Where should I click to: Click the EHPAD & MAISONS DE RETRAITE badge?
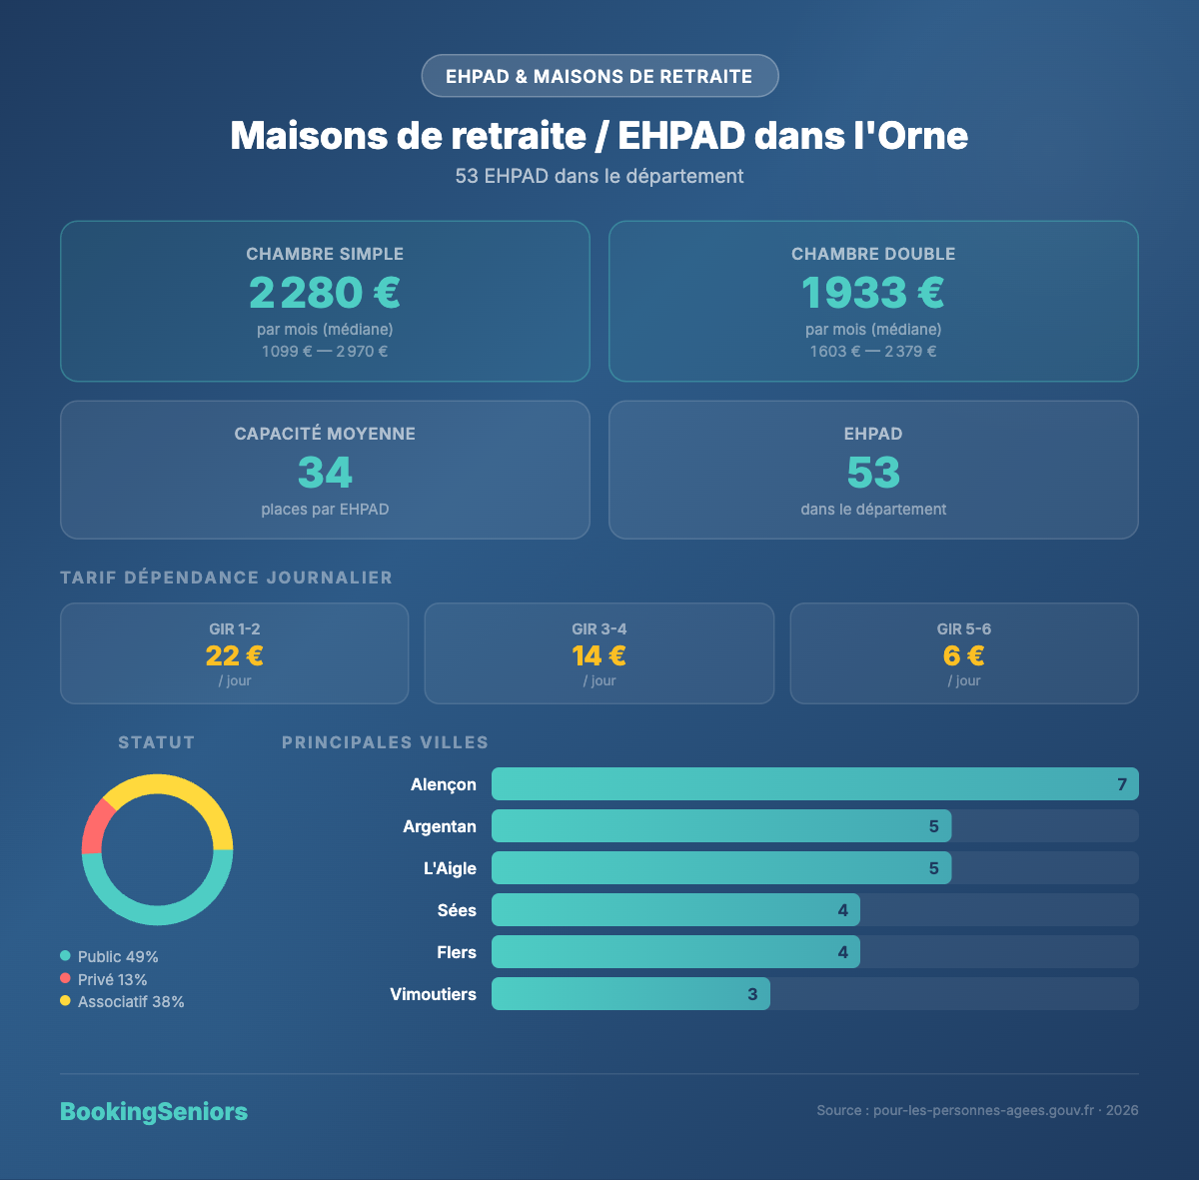pyautogui.click(x=599, y=76)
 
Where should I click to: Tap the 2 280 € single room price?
pyautogui.click(x=325, y=293)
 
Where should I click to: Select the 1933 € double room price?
pyautogui.click(x=873, y=293)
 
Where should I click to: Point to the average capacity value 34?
pyautogui.click(x=325, y=473)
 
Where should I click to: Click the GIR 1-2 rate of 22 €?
pyautogui.click(x=235, y=655)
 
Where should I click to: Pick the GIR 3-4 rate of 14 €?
pyautogui.click(x=599, y=655)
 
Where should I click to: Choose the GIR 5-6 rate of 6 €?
pyautogui.click(x=964, y=655)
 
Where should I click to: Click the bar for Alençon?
pyautogui.click(x=814, y=784)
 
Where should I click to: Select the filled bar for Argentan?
pyautogui.click(x=721, y=826)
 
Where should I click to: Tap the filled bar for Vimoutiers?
pyautogui.click(x=630, y=994)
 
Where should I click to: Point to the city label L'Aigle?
pyautogui.click(x=450, y=868)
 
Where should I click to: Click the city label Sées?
pyautogui.click(x=457, y=910)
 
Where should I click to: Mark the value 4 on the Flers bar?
pyautogui.click(x=843, y=952)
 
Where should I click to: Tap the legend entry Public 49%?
pyautogui.click(x=117, y=957)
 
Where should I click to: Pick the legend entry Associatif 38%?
pyautogui.click(x=130, y=1002)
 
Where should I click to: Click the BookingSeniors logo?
pyautogui.click(x=154, y=1111)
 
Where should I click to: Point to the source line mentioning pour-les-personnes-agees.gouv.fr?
pyautogui.click(x=977, y=1110)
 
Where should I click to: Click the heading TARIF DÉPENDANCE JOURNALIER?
pyautogui.click(x=226, y=578)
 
